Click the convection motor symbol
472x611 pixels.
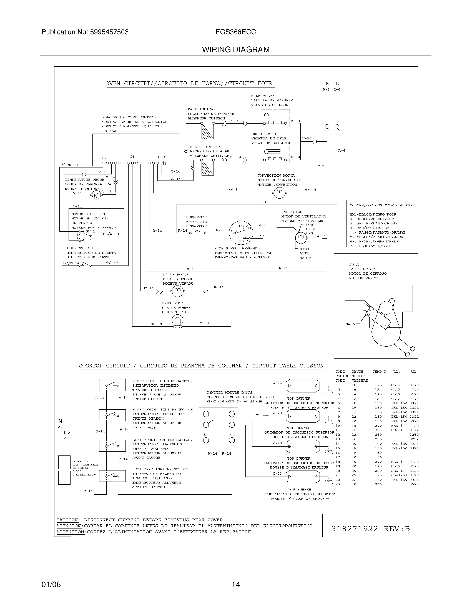coord(279,192)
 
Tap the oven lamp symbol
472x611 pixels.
coord(177,320)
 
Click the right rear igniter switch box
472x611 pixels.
coord(112,385)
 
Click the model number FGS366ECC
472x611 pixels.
coord(235,32)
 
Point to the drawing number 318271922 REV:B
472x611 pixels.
coord(370,529)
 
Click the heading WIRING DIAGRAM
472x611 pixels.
coord(236,50)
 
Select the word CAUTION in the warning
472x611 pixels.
coord(68,520)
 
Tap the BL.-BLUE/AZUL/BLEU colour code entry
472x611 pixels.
coord(370,246)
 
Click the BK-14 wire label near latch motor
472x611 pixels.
coord(218,287)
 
